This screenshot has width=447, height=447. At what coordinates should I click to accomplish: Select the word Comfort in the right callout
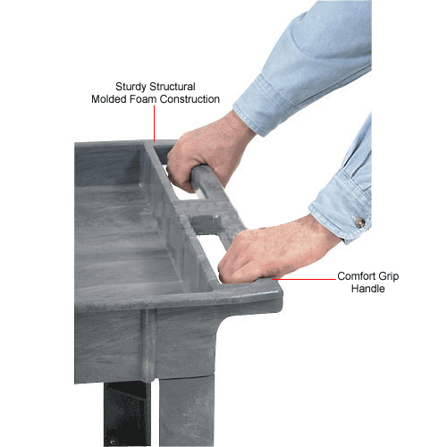coord(357,276)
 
